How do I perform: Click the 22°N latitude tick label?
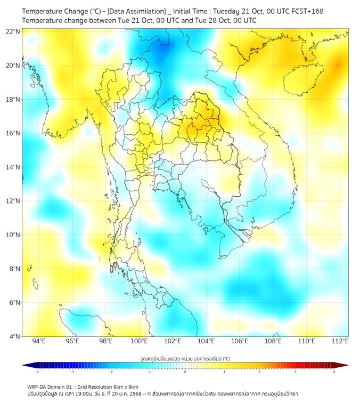tap(13, 32)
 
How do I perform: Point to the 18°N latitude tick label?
tap(13, 100)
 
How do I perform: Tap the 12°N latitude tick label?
tap(13, 201)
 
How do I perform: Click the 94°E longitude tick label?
tap(39, 341)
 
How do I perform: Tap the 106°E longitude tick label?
tap(240, 341)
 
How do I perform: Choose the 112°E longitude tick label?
tap(340, 341)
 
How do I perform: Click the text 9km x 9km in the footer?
tap(126, 386)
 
